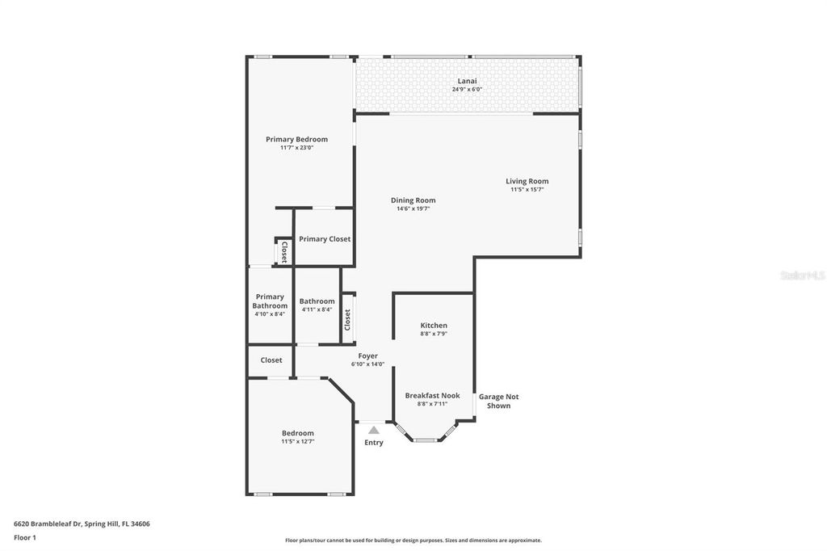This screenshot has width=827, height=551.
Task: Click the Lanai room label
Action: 467,81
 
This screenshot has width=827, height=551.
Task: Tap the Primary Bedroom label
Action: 296,139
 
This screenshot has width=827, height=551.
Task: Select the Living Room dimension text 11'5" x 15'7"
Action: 527,190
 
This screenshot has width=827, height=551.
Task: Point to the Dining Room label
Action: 413,200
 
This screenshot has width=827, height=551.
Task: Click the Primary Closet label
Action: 324,239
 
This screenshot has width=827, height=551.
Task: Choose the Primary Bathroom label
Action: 270,301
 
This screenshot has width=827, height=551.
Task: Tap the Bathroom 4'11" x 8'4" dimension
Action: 317,309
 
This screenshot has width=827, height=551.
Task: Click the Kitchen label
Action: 434,326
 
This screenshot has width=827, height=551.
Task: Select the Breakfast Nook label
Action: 432,396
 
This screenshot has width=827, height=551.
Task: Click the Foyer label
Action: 367,355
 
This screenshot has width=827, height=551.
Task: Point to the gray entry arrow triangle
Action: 373,431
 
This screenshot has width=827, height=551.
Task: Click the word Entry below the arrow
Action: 373,443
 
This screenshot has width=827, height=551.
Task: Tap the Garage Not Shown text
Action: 498,401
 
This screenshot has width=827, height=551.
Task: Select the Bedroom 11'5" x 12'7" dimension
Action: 297,442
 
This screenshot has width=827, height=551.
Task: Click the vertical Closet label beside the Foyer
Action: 347,320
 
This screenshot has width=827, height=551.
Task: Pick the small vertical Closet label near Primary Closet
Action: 283,252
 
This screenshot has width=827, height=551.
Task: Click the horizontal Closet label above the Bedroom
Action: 271,360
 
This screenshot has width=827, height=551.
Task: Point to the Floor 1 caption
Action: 25,537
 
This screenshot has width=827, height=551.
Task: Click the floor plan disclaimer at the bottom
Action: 413,540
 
